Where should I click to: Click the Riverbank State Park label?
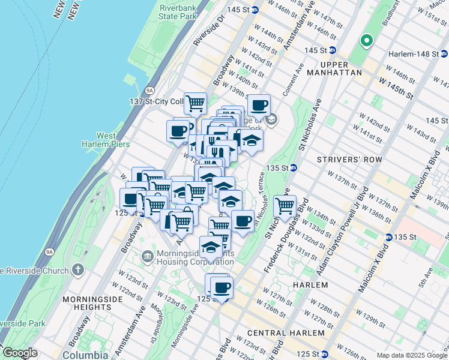pos(178,13)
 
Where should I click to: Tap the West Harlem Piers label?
pos(98,140)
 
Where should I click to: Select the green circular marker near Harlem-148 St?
pos(366,41)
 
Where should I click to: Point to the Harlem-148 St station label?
pos(414,54)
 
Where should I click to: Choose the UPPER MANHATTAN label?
pos(334,68)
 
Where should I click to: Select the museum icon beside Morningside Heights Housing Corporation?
pos(147,257)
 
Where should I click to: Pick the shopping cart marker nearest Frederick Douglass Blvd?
pos(285,205)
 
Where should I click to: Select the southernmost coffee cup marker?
pos(221,287)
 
